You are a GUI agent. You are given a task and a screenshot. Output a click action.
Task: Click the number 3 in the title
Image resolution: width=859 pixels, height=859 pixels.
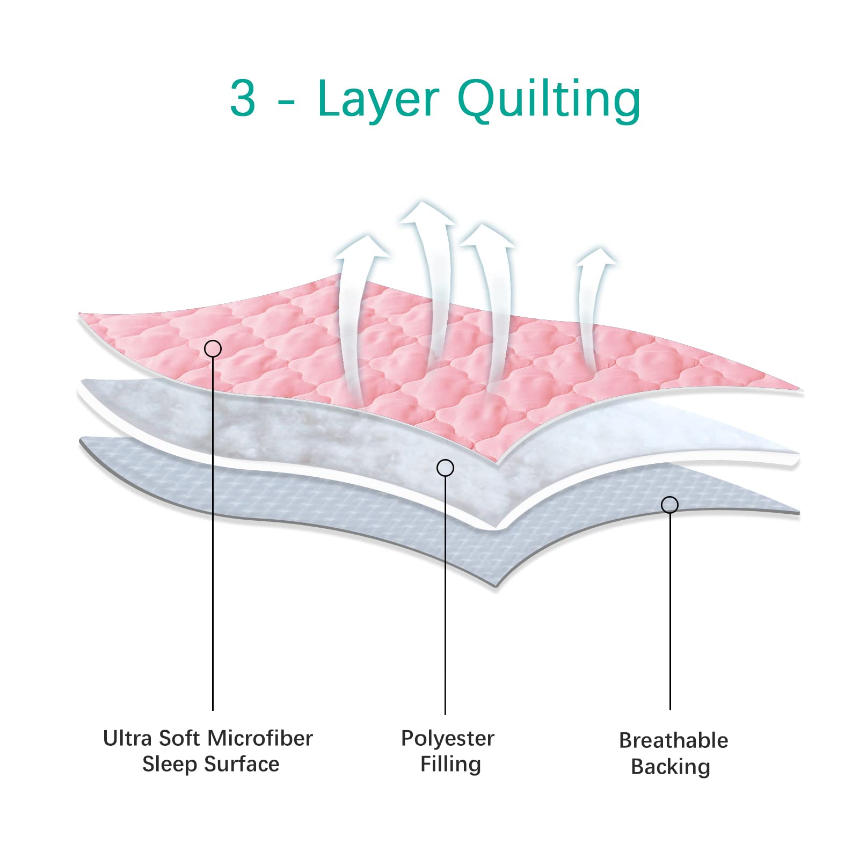point(243,98)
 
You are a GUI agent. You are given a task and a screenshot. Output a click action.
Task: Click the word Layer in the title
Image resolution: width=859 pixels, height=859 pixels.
point(378,99)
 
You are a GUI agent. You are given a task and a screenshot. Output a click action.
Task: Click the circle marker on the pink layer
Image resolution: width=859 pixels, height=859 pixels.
point(213,349)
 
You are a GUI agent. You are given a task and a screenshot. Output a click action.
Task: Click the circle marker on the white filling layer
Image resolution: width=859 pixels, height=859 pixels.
point(445,468)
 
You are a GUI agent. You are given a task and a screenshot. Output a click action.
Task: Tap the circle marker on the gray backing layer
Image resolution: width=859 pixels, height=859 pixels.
point(669,505)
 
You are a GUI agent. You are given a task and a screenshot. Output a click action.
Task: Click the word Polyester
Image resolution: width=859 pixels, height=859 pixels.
point(447,739)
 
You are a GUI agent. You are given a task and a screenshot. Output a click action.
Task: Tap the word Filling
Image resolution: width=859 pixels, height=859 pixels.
point(450,764)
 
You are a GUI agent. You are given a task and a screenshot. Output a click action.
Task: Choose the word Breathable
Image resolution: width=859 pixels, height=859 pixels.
point(673,740)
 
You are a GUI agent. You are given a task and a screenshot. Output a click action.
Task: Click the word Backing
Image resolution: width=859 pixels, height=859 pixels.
point(671,767)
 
